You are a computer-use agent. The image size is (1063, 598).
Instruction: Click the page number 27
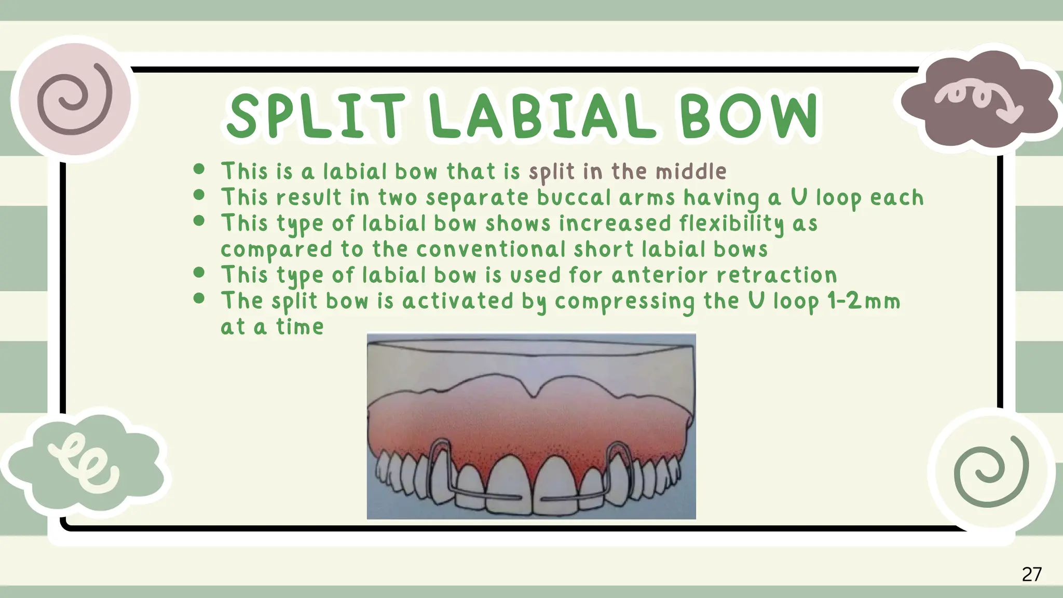(1031, 574)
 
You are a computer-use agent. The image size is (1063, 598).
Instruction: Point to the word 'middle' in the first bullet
(691, 172)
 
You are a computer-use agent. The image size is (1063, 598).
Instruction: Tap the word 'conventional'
(490, 250)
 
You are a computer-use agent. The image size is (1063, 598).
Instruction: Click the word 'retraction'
(776, 275)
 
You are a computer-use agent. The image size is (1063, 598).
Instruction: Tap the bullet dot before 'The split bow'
(199, 298)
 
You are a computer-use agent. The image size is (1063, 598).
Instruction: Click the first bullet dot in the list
(199, 169)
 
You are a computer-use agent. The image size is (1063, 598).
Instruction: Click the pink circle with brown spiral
(74, 99)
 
